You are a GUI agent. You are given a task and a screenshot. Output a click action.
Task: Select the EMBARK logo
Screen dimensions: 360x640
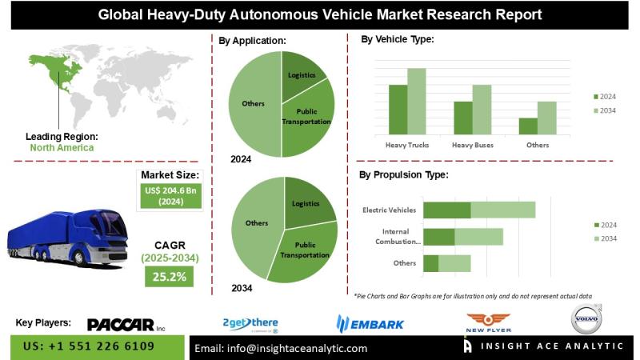[x=370, y=323]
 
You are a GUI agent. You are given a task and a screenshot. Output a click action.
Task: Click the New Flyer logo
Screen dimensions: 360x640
[x=488, y=322]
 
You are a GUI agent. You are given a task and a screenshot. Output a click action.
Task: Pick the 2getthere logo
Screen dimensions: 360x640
[x=250, y=323]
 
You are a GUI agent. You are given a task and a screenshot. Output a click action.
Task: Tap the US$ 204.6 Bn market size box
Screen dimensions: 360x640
[x=170, y=197]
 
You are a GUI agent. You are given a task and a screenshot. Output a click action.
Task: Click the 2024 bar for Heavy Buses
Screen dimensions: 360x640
[x=463, y=118]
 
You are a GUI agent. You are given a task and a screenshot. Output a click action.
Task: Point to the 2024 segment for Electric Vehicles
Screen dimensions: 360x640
[x=446, y=210]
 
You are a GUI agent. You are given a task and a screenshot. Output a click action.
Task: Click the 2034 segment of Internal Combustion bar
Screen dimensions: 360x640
[x=478, y=237]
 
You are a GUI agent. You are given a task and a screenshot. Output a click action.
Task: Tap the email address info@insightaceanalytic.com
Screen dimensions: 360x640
[x=281, y=348]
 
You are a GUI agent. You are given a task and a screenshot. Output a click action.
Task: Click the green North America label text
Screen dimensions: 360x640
[x=62, y=147]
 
